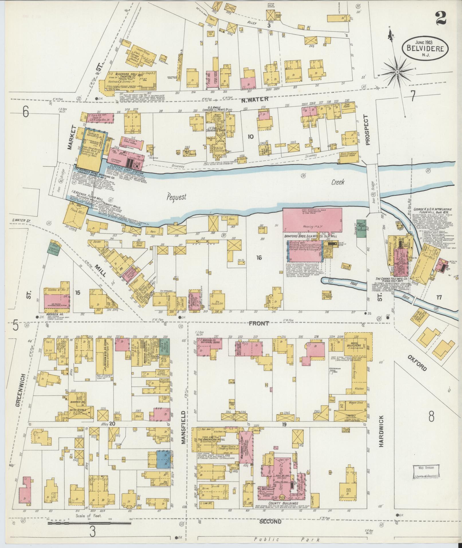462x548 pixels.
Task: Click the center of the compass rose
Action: click(x=398, y=71)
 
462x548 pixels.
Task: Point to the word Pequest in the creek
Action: click(x=177, y=197)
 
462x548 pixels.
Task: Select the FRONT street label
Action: click(x=259, y=323)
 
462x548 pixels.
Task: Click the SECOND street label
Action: click(x=270, y=522)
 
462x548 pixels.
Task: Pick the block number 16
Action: click(x=259, y=258)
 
